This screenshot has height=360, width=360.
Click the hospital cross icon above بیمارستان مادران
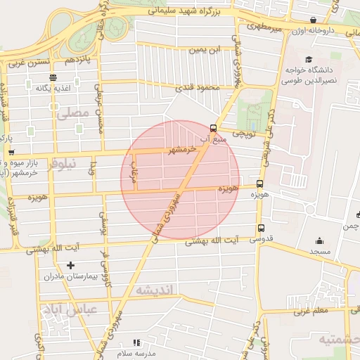pyautogui.click(x=70, y=265)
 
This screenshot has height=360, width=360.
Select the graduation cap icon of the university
pyautogui.click(x=309, y=60)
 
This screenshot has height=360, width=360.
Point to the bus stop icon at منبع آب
pyautogui.click(x=213, y=128)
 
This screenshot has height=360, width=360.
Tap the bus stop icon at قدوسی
pyautogui.click(x=261, y=228)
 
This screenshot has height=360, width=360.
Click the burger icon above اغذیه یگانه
pyautogui.click(x=53, y=77)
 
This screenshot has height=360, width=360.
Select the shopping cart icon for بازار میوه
pyautogui.click(x=11, y=151)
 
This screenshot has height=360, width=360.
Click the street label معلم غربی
pyautogui.click(x=309, y=309)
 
